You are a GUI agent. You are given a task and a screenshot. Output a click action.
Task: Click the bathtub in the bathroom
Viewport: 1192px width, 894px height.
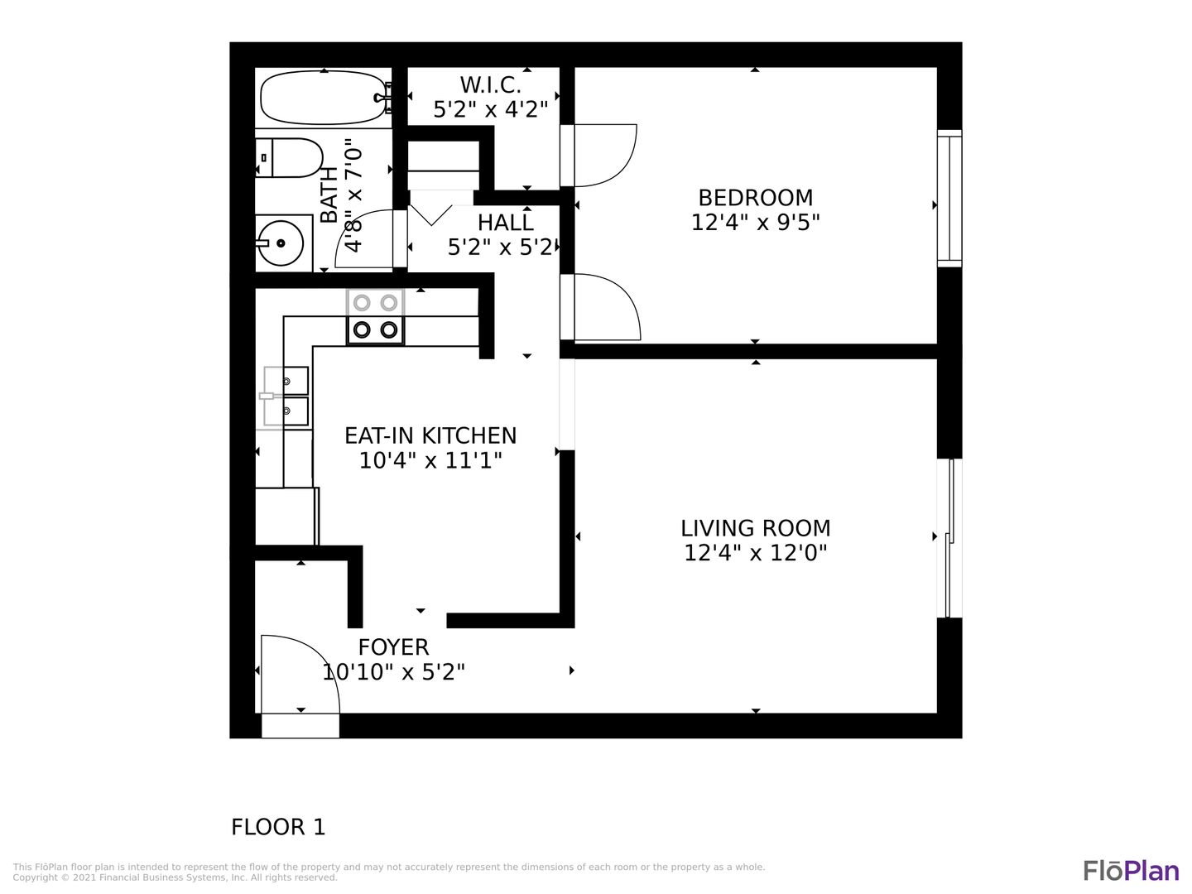[324, 99]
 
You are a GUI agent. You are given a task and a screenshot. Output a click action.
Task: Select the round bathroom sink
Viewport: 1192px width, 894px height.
[281, 243]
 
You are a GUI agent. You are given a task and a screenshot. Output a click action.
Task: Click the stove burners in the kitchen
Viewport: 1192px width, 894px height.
[375, 316]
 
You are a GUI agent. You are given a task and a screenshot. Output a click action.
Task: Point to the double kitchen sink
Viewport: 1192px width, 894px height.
[286, 397]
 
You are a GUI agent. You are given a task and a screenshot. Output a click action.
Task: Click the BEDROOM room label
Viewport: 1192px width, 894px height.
[756, 198]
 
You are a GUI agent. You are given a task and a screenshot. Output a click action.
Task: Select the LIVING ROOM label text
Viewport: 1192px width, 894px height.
[756, 528]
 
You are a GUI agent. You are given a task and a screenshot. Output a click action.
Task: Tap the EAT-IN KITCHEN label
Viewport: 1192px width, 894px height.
[430, 435]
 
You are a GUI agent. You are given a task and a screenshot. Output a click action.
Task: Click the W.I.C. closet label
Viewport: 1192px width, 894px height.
[490, 84]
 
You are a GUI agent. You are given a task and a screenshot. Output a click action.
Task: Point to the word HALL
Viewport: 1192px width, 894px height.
[505, 223]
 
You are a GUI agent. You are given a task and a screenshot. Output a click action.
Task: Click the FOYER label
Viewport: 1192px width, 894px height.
[394, 647]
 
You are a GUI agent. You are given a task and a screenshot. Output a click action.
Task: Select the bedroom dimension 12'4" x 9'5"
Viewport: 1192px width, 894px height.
[756, 223]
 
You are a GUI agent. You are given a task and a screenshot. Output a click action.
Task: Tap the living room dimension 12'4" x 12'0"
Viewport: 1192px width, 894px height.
[756, 553]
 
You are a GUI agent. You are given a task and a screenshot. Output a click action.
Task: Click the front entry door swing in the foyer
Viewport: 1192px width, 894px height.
[326, 662]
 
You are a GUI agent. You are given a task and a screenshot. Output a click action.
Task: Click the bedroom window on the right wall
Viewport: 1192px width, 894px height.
[949, 198]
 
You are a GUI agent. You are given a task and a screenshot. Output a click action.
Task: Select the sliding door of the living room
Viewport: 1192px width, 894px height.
[949, 538]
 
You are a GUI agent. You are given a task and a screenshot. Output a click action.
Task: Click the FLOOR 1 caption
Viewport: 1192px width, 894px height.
[278, 827]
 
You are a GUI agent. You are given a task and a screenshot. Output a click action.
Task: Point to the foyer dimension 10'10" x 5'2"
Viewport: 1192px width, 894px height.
[394, 672]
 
